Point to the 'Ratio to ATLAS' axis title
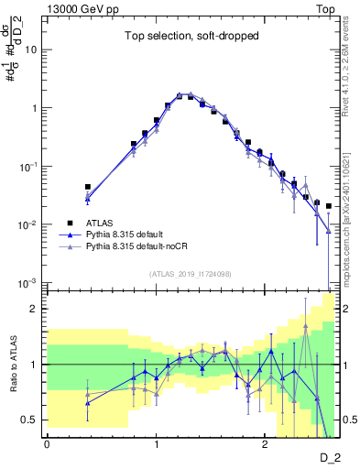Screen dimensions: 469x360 tap(11, 365)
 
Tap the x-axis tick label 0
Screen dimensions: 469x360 tap(47, 444)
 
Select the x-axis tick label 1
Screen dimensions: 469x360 tap(156, 444)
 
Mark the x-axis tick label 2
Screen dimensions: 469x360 tap(264, 444)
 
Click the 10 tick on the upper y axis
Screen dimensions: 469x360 tap(31, 49)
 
